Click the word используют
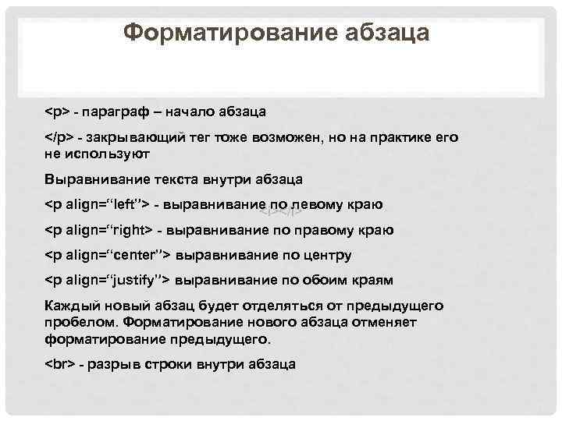coord(105,154)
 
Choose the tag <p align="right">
coord(99,230)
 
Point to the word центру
coord(325,255)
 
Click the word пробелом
coord(81,324)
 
